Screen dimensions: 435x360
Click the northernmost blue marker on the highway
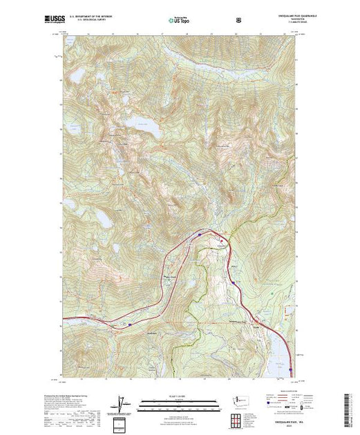point(200,235)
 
